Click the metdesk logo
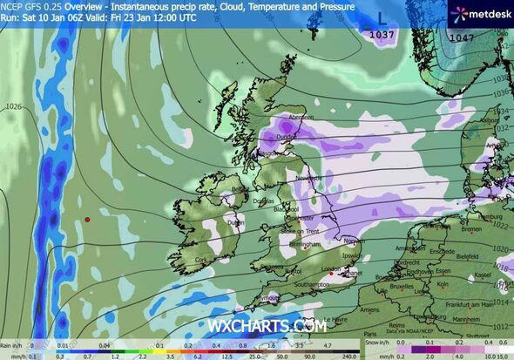pos(472,15)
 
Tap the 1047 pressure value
pos(462,38)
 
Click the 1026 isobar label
pos(13,107)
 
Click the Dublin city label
pos(235,221)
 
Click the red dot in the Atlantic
pos(87,220)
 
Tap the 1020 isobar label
pos(504,248)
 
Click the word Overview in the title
pos(83,5)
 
